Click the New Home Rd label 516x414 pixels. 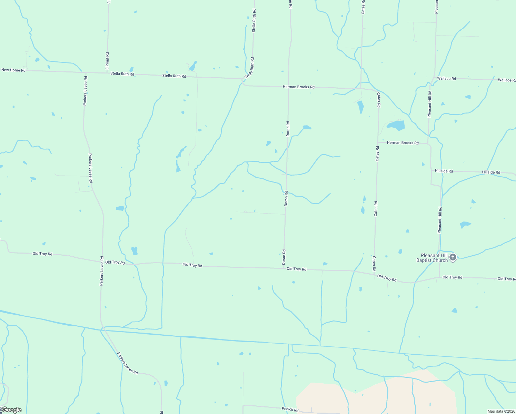pos(13,70)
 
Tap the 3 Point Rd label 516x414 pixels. pos(108,59)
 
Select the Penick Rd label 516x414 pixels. pos(290,409)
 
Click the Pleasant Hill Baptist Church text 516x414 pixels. pos(432,258)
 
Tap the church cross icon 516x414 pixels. pos(453,257)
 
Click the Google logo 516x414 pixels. pos(11,410)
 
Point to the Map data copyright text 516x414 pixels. pos(501,411)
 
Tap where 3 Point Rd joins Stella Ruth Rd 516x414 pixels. pos(108,73)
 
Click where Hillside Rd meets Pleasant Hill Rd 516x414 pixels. pos(431,170)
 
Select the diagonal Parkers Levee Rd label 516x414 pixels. pos(127,363)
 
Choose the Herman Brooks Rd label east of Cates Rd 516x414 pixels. pos(403,142)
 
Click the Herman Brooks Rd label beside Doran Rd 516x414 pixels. pos(298,87)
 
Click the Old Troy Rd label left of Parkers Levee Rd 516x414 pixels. pos(42,254)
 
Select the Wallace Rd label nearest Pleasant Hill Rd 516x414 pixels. pos(446,79)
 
